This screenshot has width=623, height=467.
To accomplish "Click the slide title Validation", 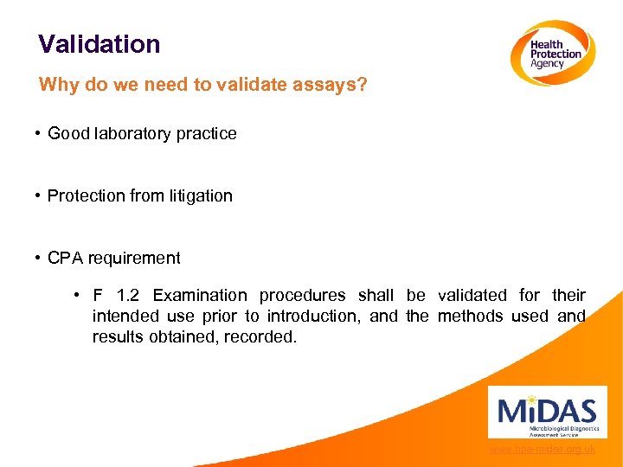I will click(99, 44).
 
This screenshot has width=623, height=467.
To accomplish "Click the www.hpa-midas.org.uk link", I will click(542, 449).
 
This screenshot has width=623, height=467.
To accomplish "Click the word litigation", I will click(198, 195).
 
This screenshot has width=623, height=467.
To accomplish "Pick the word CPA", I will click(65, 258).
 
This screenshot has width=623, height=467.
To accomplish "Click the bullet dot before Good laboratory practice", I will click(39, 133).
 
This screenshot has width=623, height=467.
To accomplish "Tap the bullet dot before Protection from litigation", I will click(39, 195).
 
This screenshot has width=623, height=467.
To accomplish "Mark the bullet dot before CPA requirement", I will click(39, 258).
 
